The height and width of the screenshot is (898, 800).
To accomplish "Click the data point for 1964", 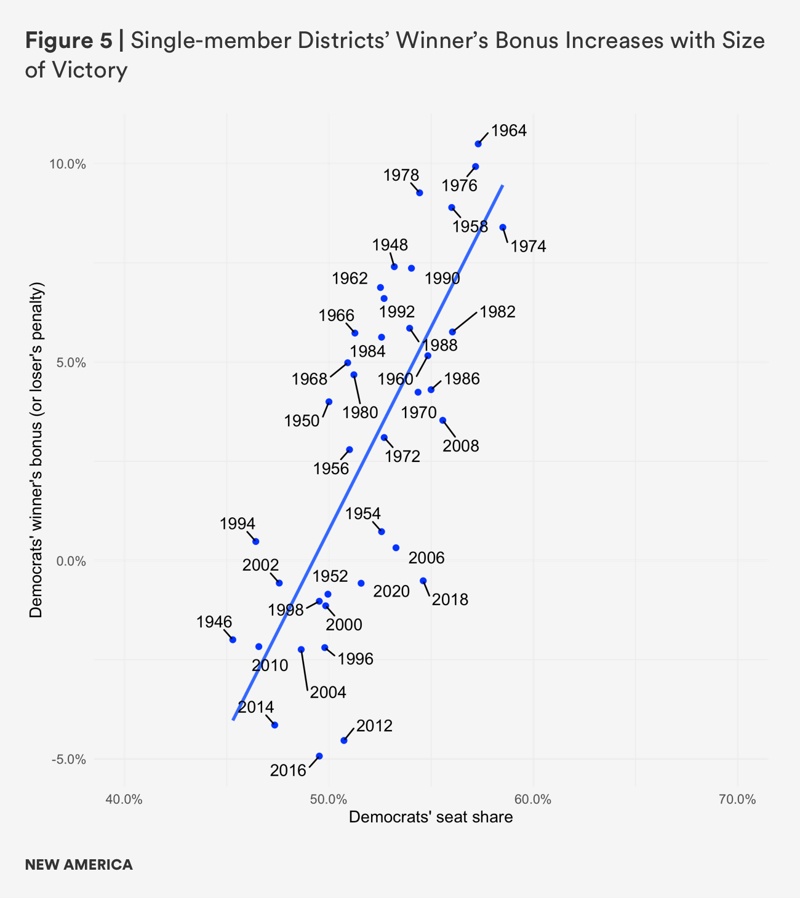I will [478, 144].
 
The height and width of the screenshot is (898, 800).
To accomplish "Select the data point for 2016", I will [319, 756].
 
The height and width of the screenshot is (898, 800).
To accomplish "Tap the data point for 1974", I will [503, 228].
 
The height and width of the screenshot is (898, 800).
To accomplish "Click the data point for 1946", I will [233, 640].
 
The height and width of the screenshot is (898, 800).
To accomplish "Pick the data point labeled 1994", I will [256, 541].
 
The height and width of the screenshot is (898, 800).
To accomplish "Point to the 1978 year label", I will [401, 175].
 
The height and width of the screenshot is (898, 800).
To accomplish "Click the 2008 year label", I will [460, 446].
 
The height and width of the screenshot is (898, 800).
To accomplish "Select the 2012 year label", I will [374, 726].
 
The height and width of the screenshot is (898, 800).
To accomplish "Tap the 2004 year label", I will [328, 693].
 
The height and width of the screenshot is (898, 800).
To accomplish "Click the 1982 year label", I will [497, 312].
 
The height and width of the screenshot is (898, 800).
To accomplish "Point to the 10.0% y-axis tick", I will [68, 164].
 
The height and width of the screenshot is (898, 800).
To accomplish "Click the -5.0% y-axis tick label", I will [68, 760].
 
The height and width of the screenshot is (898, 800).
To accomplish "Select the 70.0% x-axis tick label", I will [737, 800].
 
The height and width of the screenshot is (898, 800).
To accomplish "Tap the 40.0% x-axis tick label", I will [125, 800].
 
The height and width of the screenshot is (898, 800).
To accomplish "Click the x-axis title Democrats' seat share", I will [431, 817].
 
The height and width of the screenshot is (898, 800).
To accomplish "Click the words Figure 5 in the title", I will [68, 41].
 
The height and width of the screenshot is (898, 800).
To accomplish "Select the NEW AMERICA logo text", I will [79, 865].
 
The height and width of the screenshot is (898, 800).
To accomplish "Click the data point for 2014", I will [274, 725].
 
